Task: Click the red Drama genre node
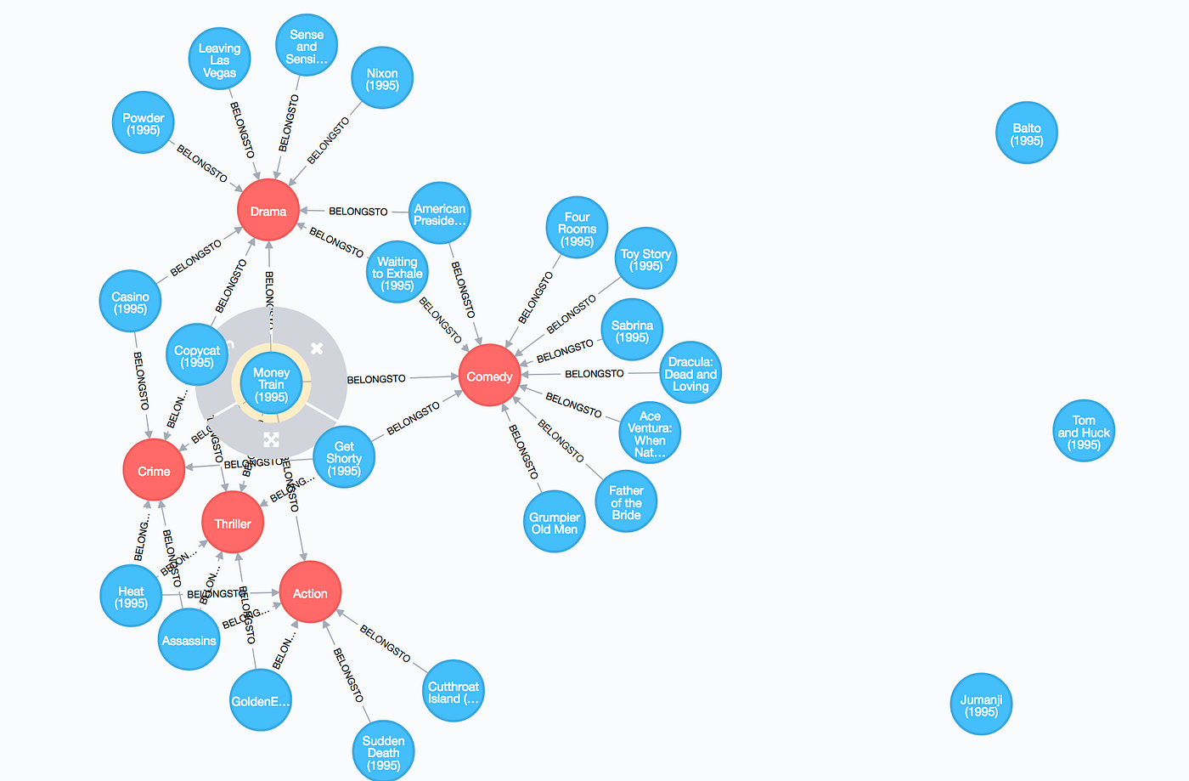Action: (x=268, y=211)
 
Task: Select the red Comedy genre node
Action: (x=489, y=376)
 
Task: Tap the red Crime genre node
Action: (x=154, y=471)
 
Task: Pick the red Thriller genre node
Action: (x=233, y=523)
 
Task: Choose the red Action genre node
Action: (x=310, y=593)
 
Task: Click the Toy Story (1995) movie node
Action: (x=645, y=259)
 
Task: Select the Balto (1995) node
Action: (x=1026, y=133)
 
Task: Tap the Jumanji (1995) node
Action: (x=981, y=705)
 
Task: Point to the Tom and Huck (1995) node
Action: (x=1083, y=432)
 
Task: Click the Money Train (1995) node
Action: (x=271, y=384)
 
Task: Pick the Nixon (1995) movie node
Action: (x=382, y=78)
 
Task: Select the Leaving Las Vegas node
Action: (x=219, y=59)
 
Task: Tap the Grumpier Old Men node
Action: (x=554, y=522)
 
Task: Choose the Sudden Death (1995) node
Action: (x=383, y=752)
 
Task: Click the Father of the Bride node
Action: (x=626, y=501)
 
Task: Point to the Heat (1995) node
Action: (x=131, y=597)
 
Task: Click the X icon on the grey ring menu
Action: (x=317, y=348)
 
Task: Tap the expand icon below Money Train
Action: (x=271, y=439)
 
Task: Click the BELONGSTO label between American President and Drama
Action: (x=358, y=211)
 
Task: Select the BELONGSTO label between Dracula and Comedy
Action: (x=594, y=374)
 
